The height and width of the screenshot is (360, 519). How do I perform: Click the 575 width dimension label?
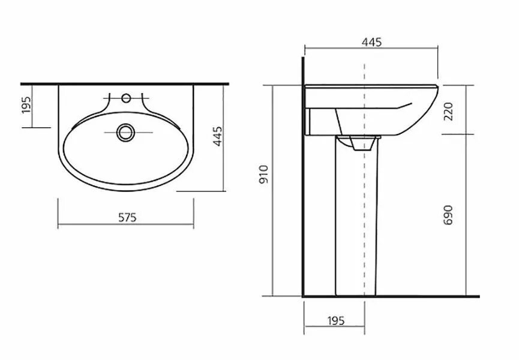(x=127, y=217)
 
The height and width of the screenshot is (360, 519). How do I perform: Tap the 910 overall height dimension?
(x=263, y=175)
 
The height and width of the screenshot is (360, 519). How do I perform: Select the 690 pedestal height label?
(x=448, y=215)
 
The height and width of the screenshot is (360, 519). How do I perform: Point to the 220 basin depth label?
(x=448, y=112)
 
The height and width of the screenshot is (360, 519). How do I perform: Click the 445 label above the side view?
(x=371, y=42)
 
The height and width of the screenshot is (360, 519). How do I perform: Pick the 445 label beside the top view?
(x=217, y=136)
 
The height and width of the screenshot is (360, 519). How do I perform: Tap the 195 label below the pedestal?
(x=335, y=320)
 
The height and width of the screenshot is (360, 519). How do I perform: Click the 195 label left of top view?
(x=26, y=104)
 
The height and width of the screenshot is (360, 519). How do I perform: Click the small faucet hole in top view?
(x=126, y=98)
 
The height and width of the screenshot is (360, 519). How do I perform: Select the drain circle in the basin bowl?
(x=125, y=133)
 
